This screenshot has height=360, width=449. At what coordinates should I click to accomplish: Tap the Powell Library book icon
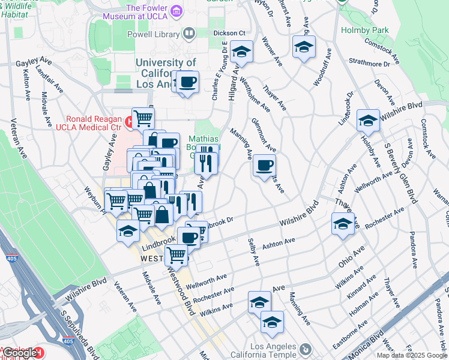pos(188,34)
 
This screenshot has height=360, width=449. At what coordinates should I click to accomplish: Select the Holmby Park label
pos(364,30)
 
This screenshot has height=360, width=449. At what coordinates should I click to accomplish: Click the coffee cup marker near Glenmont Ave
pos(264,166)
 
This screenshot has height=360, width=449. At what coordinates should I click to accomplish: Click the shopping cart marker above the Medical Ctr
pos(143,118)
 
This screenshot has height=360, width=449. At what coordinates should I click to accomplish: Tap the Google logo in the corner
pos(20,352)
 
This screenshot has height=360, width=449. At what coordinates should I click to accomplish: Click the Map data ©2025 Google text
pos(411,355)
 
